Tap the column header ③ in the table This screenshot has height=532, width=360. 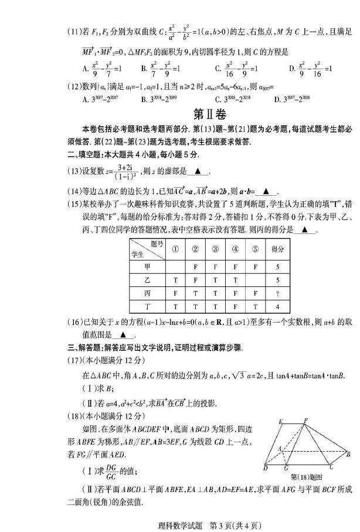click(215, 248)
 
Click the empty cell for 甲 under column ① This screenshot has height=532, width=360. click(175, 265)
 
